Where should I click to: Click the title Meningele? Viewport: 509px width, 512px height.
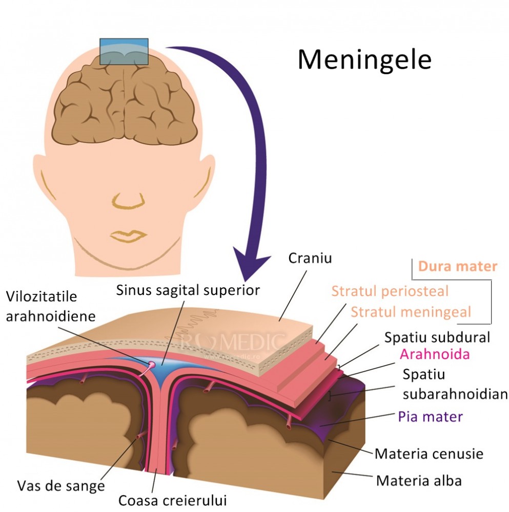click(x=364, y=60)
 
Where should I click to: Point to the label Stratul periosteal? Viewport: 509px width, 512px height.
click(x=390, y=291)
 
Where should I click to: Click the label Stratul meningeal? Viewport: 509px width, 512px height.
click(x=411, y=311)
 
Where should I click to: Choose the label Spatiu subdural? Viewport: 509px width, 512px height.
click(x=438, y=337)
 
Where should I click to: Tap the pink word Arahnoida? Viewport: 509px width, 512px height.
click(x=435, y=354)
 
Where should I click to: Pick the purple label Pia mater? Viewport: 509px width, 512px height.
click(x=431, y=416)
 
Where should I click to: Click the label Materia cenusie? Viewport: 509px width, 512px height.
click(x=429, y=454)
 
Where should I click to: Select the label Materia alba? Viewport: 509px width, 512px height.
click(x=419, y=481)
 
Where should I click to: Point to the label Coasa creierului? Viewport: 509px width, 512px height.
click(x=172, y=500)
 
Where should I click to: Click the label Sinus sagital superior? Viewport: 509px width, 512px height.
click(x=188, y=290)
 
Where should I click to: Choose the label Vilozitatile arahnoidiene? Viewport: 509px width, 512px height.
click(x=50, y=306)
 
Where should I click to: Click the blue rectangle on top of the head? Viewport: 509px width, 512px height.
click(x=124, y=51)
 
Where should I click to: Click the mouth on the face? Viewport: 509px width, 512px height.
click(x=128, y=236)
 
